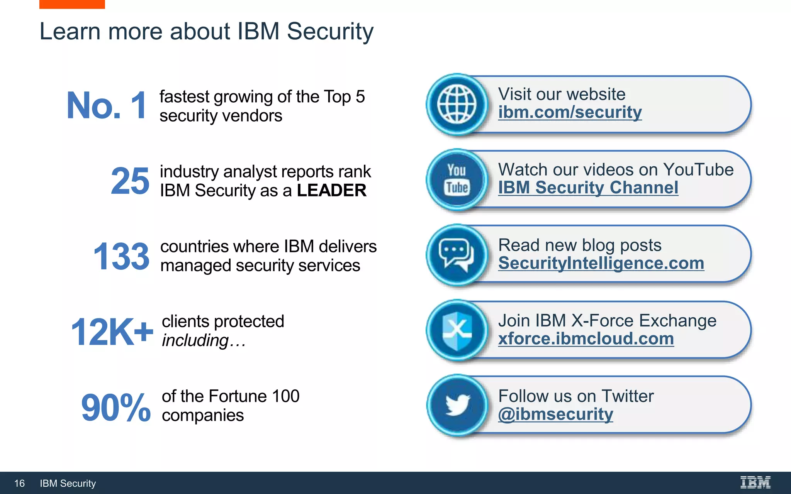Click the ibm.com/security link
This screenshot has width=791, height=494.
tap(570, 112)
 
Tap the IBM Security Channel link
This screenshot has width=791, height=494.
tap(588, 188)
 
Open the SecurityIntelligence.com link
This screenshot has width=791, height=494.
tap(601, 263)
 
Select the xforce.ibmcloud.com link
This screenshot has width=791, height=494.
tap(586, 339)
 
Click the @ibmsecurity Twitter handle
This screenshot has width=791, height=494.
tap(555, 414)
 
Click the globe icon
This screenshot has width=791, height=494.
tap(457, 105)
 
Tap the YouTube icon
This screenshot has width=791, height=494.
tap(457, 180)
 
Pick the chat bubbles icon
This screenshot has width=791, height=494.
tap(457, 255)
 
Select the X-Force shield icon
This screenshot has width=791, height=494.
tap(457, 330)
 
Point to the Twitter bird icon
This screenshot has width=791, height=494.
tap(457, 405)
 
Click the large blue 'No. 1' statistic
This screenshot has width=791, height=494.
tap(107, 105)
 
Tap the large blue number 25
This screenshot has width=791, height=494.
tap(130, 181)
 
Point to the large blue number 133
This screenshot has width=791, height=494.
tap(121, 256)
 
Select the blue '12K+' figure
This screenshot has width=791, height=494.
tap(112, 332)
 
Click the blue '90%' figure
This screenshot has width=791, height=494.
tap(115, 407)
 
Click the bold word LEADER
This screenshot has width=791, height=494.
tap(331, 190)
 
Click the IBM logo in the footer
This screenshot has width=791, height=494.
tap(755, 482)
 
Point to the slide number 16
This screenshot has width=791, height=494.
tap(19, 483)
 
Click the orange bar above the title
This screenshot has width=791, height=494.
tap(72, 4)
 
